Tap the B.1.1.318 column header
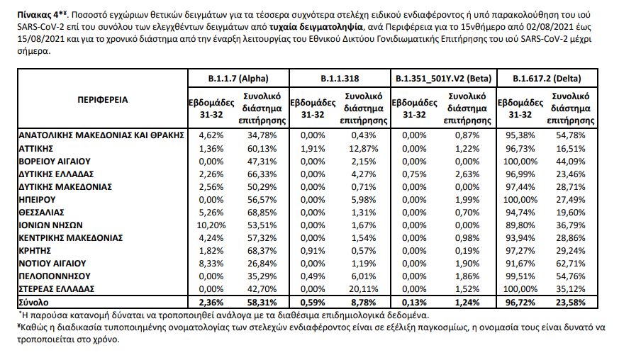pyautogui.click(x=339, y=77)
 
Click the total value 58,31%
pyautogui.click(x=264, y=303)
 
